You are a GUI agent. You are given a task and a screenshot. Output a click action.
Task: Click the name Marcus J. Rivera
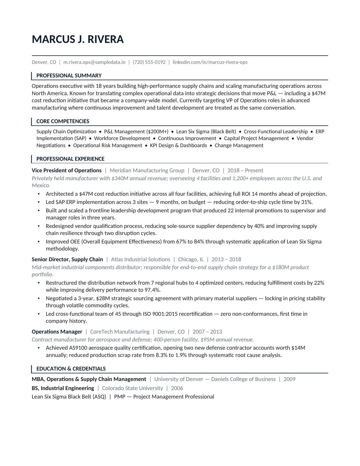coord(78,39)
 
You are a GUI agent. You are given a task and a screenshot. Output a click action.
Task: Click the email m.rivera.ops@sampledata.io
coord(94,62)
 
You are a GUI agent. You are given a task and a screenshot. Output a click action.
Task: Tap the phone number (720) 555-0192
coord(149,62)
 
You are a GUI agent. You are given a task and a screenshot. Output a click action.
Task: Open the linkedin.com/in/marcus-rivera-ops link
coord(210,62)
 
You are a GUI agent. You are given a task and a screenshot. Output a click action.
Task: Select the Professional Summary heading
coord(69,76)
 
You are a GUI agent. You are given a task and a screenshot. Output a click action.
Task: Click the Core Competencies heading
coord(63,121)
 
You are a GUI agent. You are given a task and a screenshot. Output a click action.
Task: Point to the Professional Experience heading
coord(70,159)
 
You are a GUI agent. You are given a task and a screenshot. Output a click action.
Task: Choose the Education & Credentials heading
coord(71,369)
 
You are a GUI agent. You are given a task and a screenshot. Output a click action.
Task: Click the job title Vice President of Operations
coord(67,171)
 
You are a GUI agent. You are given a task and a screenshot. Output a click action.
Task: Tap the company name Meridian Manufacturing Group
coord(147,171)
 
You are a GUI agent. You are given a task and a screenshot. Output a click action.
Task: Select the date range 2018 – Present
coord(245,171)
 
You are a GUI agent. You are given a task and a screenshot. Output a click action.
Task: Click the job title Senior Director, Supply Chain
coord(67,260)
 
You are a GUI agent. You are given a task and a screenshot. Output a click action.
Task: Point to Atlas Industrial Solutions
coord(141,260)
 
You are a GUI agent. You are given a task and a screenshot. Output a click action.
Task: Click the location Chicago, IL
coord(191,260)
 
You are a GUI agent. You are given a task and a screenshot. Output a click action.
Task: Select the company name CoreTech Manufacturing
coord(120,332)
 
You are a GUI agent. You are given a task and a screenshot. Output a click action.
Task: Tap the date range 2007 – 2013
coord(207,332)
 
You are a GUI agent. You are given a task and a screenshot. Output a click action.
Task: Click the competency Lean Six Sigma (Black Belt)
coord(206,132)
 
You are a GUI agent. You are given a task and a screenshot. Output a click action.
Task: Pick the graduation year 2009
coord(289,379)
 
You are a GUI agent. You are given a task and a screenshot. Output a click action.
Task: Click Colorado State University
coord(132,388)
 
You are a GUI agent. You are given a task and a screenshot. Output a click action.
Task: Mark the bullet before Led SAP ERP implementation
coord(39,202)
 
